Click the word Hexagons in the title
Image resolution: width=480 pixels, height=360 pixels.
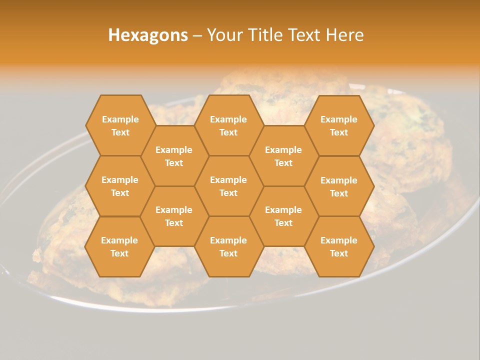click(148, 35)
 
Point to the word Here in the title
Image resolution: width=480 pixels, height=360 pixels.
click(344, 35)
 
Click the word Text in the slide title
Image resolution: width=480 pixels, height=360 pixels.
click(305, 35)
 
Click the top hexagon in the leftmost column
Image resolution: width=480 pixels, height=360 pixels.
click(120, 125)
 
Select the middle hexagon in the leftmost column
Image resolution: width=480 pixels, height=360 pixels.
click(120, 186)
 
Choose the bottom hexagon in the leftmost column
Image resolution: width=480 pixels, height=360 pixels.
click(119, 246)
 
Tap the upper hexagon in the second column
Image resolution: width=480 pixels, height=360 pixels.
click(174, 156)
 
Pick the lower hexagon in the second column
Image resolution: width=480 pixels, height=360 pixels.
click(174, 216)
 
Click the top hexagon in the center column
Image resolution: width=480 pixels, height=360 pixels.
click(228, 125)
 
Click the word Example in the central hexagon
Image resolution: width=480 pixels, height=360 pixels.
click(228, 180)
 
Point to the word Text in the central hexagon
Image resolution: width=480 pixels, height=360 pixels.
click(228, 193)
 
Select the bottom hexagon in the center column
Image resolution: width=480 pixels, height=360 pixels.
click(228, 246)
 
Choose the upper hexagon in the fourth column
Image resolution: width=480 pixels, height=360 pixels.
click(283, 156)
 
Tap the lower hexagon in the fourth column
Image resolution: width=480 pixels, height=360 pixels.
click(283, 216)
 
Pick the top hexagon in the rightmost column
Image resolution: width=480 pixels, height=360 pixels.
click(339, 125)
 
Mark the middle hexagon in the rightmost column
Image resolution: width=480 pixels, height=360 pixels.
click(339, 186)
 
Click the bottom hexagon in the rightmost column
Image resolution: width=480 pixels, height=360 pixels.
click(339, 246)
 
